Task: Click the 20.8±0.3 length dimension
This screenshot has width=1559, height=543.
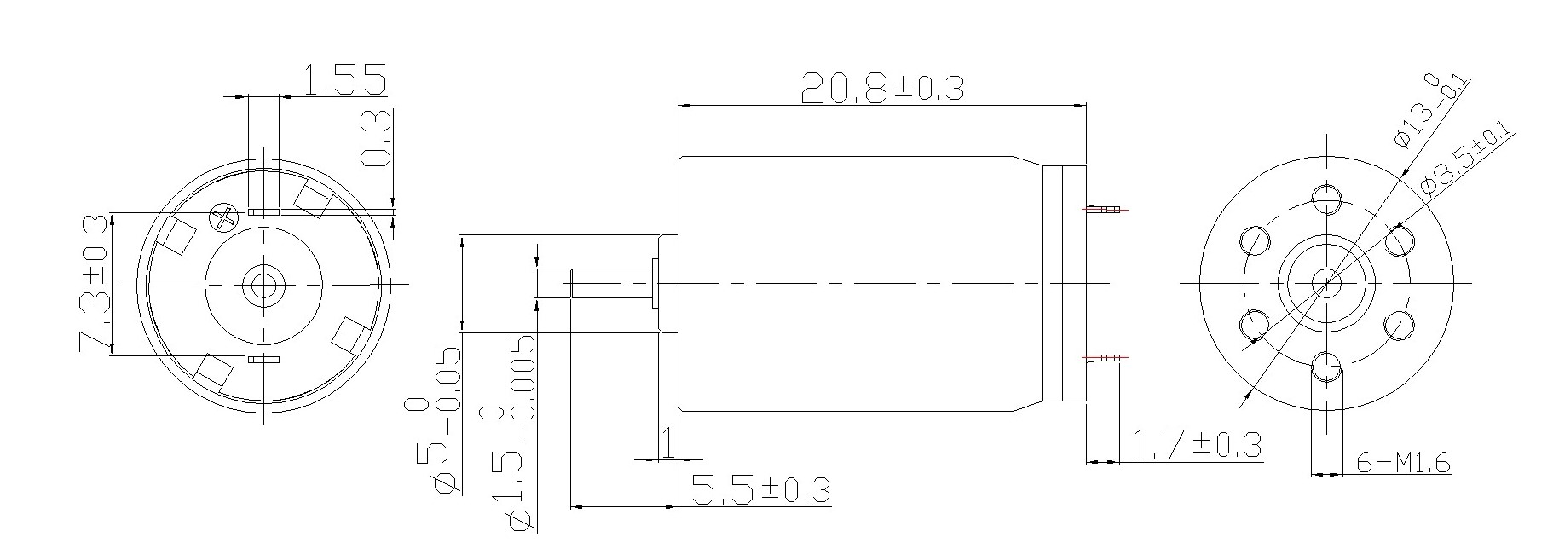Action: [882, 87]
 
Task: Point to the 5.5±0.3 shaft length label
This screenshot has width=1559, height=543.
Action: [760, 489]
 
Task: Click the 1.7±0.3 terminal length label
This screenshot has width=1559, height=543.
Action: [1195, 444]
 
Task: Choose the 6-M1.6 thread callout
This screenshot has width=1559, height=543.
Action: [1402, 463]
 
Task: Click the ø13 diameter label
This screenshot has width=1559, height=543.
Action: [1433, 110]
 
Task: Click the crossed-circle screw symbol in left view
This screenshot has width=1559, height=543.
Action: [225, 218]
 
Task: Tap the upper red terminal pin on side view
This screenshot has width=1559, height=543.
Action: [1105, 209]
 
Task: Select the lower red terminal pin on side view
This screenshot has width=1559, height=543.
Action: [1105, 356]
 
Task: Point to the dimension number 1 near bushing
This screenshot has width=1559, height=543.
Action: [669, 442]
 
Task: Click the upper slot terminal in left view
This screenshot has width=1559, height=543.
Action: [263, 211]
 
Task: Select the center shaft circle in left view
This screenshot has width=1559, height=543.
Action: [263, 285]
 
